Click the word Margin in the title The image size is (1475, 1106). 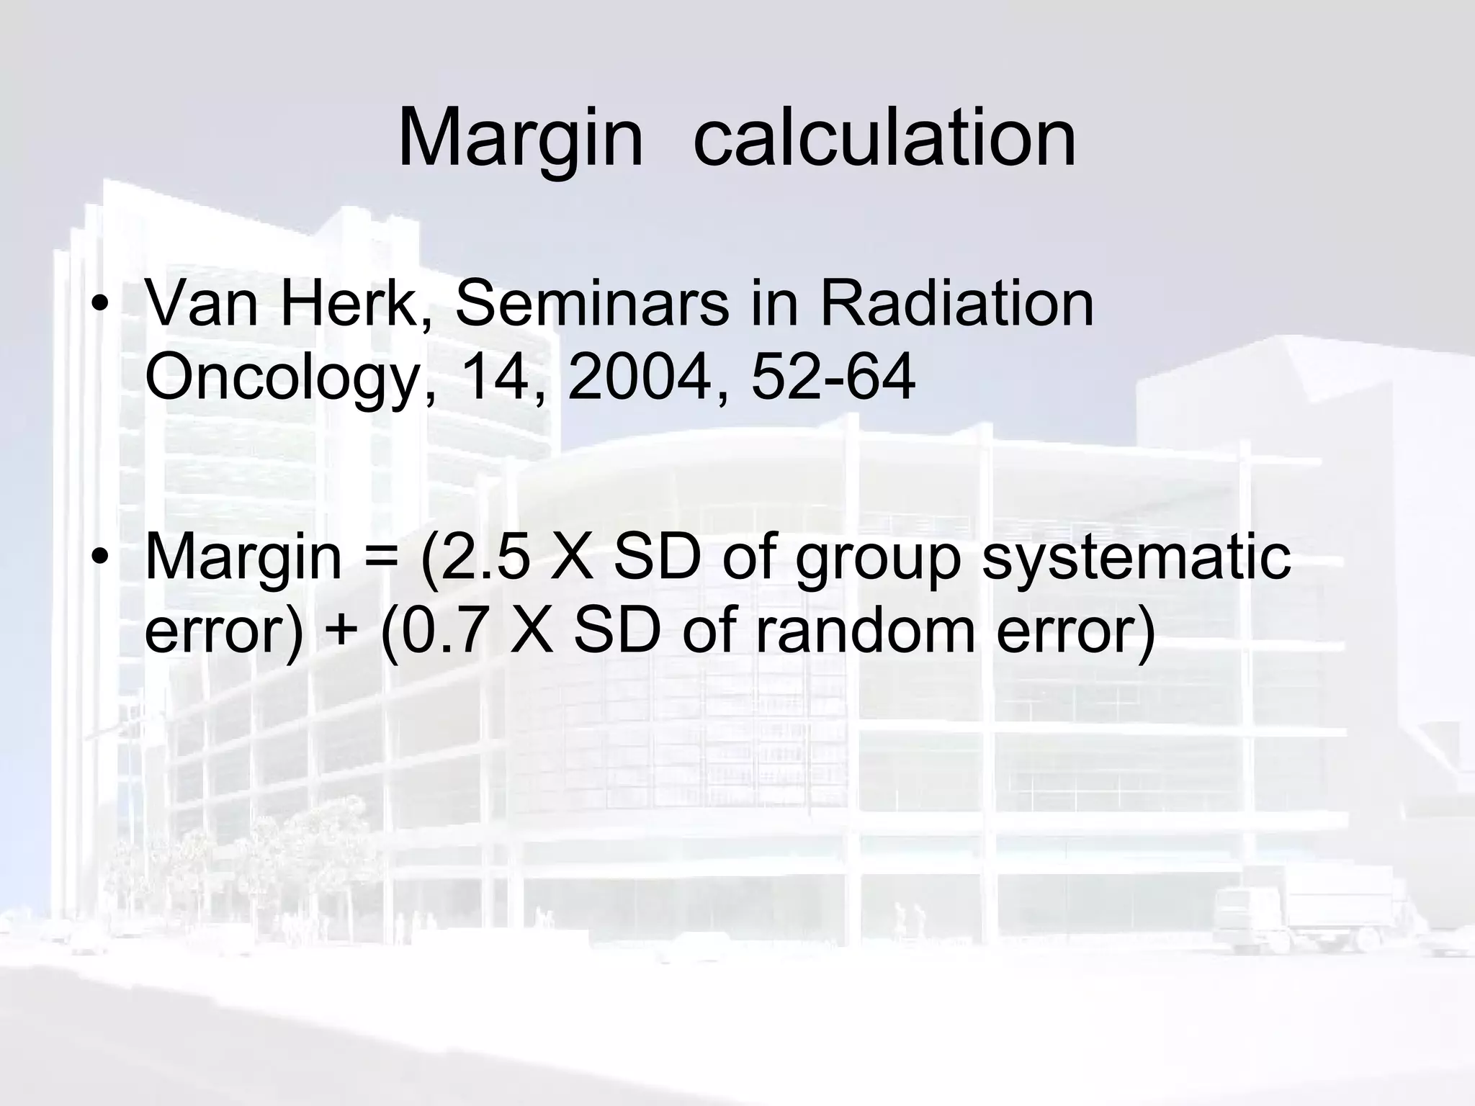(x=520, y=137)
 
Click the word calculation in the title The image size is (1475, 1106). (x=884, y=137)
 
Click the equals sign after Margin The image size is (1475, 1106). (x=380, y=558)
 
